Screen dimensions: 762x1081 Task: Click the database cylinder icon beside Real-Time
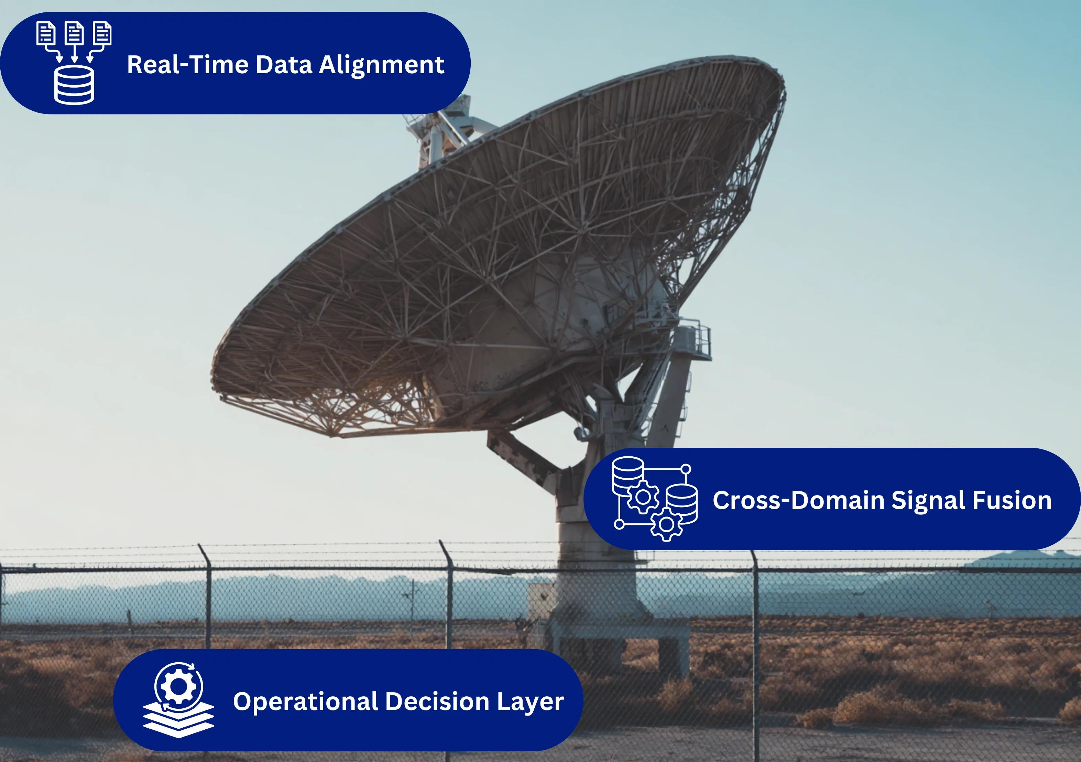click(x=74, y=85)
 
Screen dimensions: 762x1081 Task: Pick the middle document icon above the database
click(x=74, y=33)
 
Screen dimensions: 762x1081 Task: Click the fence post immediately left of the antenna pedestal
click(x=449, y=598)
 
